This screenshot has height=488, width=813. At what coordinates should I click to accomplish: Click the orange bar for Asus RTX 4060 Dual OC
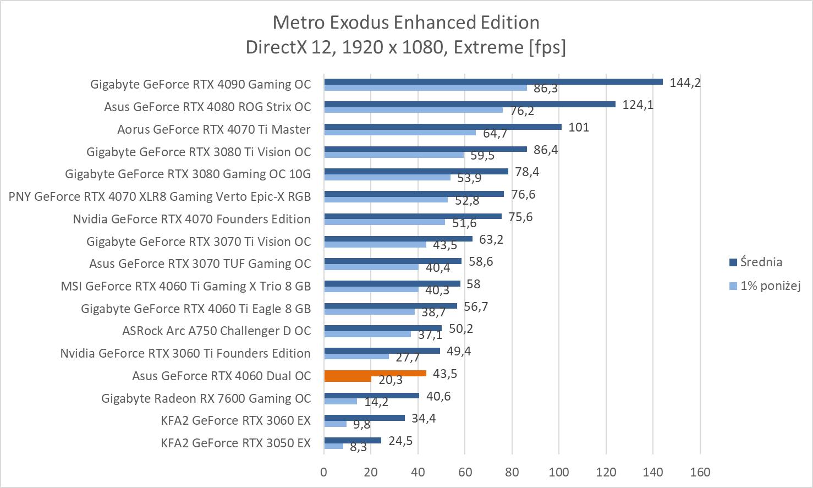(x=375, y=374)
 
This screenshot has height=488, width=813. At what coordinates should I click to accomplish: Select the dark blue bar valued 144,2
(x=493, y=82)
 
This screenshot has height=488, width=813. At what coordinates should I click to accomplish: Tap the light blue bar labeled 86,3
(x=425, y=87)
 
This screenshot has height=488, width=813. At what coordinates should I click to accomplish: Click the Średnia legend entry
(x=761, y=262)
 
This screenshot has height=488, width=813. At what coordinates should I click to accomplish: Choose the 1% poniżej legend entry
(x=769, y=286)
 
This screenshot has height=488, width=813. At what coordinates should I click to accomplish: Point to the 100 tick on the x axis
(x=559, y=472)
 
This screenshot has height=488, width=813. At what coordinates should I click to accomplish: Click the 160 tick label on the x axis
(x=700, y=472)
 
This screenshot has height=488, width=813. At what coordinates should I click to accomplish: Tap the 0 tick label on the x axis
(x=324, y=472)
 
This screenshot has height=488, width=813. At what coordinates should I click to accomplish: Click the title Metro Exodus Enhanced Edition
(x=406, y=23)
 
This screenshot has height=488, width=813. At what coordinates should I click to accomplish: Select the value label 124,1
(x=638, y=105)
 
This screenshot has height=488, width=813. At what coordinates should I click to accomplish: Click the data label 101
(x=579, y=127)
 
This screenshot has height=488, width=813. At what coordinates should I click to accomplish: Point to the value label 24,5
(x=400, y=441)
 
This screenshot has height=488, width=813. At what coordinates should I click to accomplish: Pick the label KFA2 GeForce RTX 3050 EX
(x=235, y=443)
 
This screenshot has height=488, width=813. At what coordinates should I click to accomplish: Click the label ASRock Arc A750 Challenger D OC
(x=216, y=331)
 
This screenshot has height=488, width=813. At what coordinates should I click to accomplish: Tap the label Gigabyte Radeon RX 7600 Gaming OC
(x=206, y=398)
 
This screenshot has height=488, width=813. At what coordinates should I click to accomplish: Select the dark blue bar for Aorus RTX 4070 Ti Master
(x=443, y=127)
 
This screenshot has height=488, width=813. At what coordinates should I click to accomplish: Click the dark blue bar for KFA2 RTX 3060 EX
(x=364, y=418)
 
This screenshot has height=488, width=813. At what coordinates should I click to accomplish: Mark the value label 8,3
(x=358, y=447)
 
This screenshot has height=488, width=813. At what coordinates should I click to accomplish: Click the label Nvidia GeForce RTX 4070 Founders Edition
(x=191, y=219)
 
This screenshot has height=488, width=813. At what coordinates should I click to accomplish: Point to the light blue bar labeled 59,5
(x=394, y=155)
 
